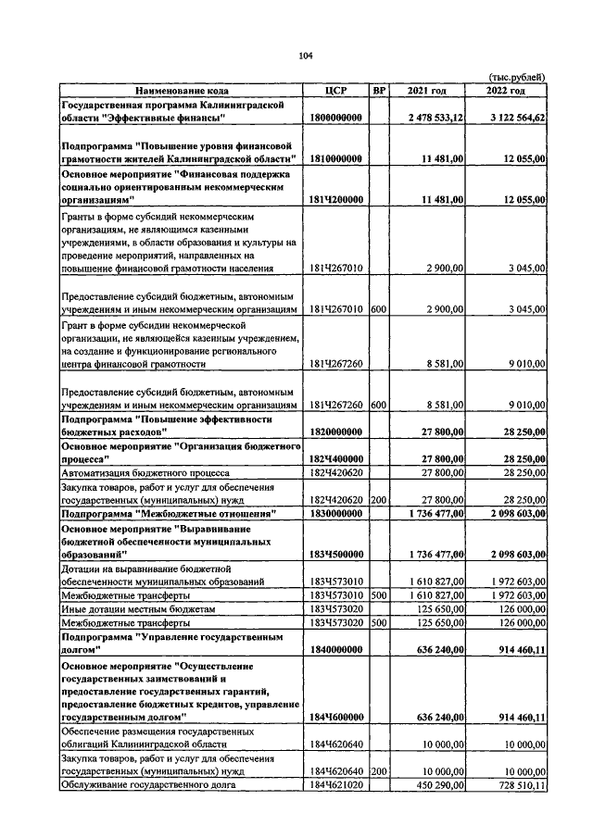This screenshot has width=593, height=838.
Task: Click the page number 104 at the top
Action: click(306, 56)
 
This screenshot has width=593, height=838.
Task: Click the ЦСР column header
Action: click(336, 91)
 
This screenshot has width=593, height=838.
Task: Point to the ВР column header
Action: click(378, 91)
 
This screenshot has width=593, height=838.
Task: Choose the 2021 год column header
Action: click(427, 91)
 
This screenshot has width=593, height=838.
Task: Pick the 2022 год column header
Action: click(506, 91)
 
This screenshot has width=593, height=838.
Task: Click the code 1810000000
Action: click(335, 159)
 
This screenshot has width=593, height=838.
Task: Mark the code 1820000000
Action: click(335, 432)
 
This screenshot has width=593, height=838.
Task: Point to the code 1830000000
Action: click(335, 512)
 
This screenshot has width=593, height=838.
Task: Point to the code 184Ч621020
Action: click(336, 785)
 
